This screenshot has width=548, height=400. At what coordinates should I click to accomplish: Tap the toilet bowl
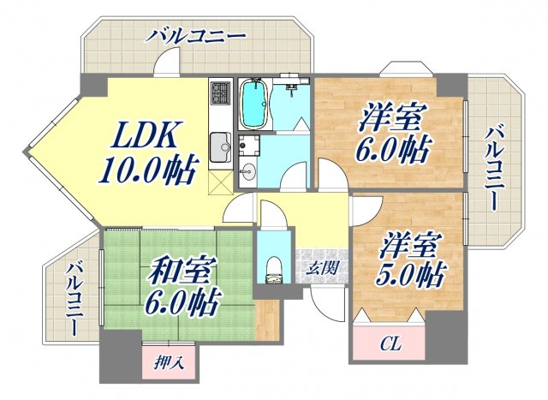(274, 267)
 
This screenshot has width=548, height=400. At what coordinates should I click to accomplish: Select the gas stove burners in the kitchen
(220, 93)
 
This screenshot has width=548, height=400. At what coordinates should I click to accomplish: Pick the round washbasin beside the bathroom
(247, 167)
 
